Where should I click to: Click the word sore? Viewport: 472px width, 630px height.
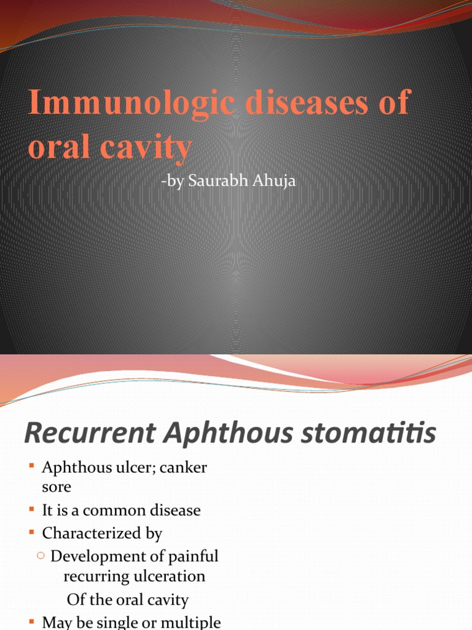pos(57,487)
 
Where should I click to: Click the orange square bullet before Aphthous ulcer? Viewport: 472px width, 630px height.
pos(31,467)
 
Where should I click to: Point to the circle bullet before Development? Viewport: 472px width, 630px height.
pos(41,556)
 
